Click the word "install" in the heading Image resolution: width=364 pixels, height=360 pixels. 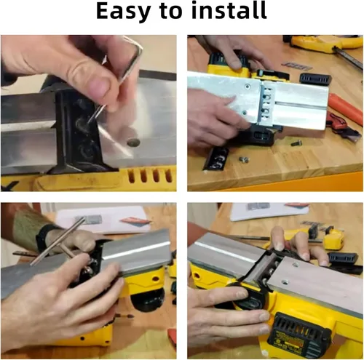[229, 10]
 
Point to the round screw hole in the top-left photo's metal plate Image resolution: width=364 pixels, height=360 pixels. [133, 143]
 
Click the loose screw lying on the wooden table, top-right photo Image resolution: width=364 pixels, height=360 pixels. [244, 159]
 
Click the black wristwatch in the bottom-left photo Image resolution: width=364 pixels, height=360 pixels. [44, 236]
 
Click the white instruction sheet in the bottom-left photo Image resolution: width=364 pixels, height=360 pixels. [102, 220]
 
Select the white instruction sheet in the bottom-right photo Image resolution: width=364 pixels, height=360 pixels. [269, 212]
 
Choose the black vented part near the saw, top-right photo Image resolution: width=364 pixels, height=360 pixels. [315, 79]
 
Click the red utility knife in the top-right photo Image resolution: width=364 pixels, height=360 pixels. [343, 127]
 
